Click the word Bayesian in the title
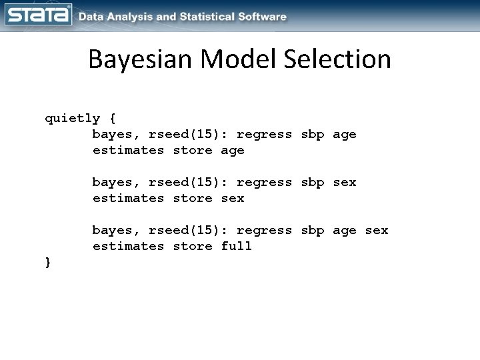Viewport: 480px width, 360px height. pyautogui.click(x=137, y=60)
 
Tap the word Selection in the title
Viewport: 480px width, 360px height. pyautogui.click(x=337, y=60)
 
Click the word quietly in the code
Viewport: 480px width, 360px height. pyautogui.click(x=72, y=119)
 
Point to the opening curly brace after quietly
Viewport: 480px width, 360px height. pyautogui.click(x=112, y=119)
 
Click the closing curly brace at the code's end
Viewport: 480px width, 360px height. pyautogui.click(x=48, y=262)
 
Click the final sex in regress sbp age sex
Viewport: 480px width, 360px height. pyautogui.click(x=376, y=230)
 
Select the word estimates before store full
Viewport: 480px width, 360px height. pyautogui.click(x=128, y=246)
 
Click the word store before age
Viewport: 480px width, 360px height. pyautogui.click(x=192, y=150)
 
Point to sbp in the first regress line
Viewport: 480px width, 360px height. pyautogui.click(x=312, y=134)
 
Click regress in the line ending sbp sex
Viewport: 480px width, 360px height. pyautogui.click(x=264, y=182)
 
